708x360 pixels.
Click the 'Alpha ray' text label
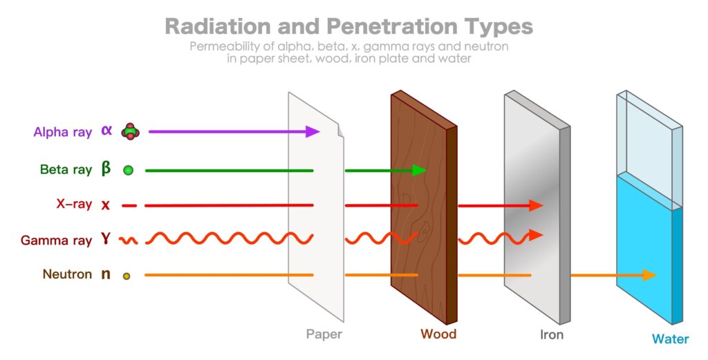point(62,132)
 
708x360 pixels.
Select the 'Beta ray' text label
point(65,169)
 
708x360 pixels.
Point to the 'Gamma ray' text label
point(56,240)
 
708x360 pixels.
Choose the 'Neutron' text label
point(67,274)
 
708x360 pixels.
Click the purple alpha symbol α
point(106,130)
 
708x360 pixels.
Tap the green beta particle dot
point(128,170)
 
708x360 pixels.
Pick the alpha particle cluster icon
point(129,131)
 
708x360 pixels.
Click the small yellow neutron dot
point(127,276)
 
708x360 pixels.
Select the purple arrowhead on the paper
point(313,131)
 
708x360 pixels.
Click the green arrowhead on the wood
point(418,170)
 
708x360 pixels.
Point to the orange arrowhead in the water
point(648,275)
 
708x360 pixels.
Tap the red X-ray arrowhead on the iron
point(535,205)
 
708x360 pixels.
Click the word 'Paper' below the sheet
point(324,334)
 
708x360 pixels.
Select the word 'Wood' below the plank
point(438,334)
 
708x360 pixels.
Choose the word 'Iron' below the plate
point(551,335)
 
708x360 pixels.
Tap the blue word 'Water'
point(669,339)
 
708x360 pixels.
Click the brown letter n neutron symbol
point(106,274)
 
